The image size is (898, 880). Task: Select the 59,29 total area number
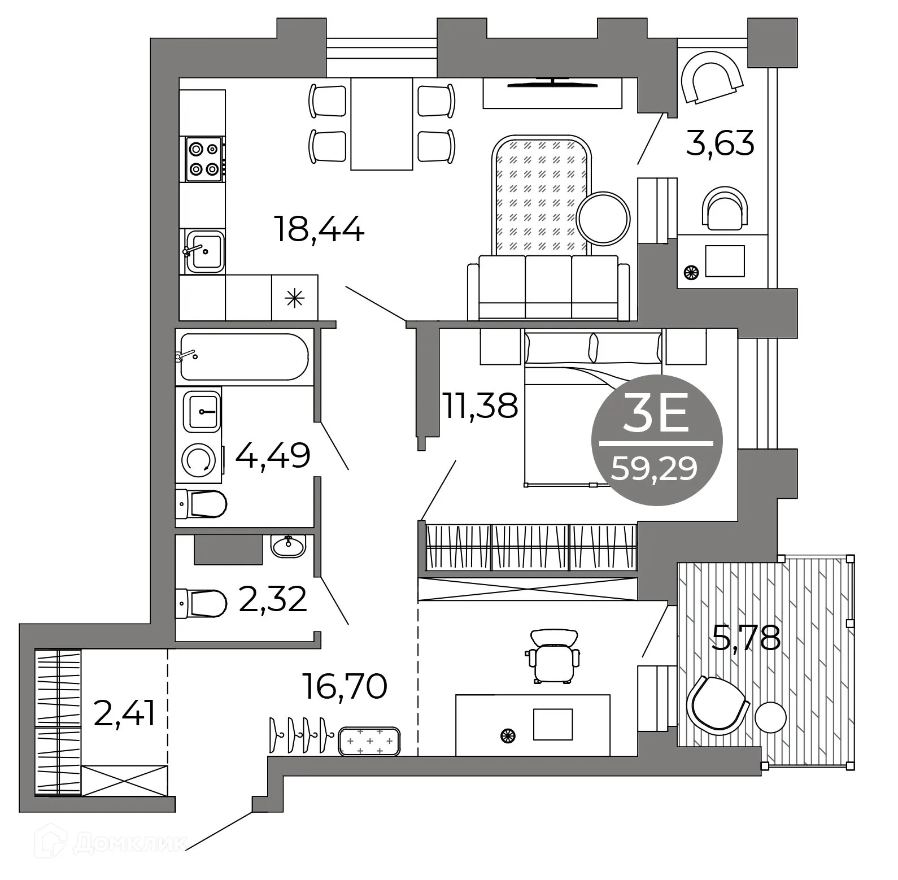pos(655,468)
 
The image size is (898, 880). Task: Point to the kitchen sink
pos(204,251)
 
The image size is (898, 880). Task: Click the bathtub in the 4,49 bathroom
pos(243,356)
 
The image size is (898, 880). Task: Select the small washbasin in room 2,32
pos(288,545)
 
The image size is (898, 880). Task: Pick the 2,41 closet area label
pos(124,715)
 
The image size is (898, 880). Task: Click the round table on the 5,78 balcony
pos(770,717)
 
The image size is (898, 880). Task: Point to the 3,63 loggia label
pos(720,143)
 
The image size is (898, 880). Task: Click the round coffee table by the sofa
pos(604,218)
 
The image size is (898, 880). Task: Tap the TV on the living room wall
pos(552,84)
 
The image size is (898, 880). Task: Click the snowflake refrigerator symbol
pos(294,298)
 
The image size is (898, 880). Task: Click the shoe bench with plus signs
pos(369,741)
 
